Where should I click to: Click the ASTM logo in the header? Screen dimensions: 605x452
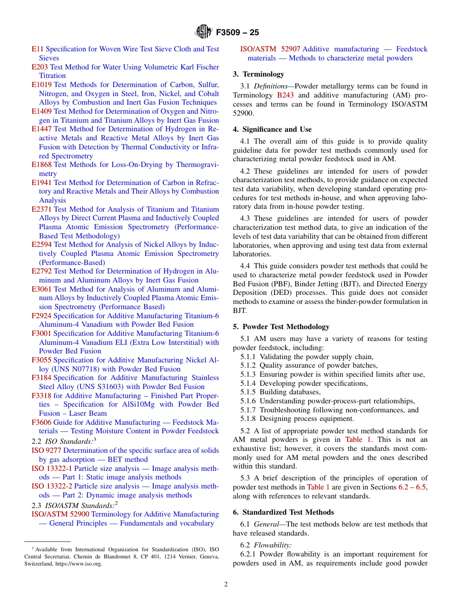[x=204, y=32]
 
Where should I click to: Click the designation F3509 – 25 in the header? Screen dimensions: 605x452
[x=237, y=33]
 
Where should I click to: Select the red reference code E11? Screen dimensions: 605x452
[x=38, y=49]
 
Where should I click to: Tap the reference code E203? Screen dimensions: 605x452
[x=39, y=67]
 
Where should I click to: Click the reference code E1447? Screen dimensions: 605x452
[x=41, y=129]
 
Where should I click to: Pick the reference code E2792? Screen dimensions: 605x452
[x=41, y=271]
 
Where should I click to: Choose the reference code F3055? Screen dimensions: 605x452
[x=41, y=360]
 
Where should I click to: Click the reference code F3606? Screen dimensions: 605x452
[x=41, y=422]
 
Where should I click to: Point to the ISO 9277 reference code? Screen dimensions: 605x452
[x=46, y=450]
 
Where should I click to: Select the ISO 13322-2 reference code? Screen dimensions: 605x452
[x=52, y=486]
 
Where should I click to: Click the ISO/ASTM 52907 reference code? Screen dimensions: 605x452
[x=270, y=49]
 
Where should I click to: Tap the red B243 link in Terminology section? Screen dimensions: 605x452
[x=285, y=95]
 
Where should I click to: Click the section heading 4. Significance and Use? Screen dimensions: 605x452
[x=272, y=129]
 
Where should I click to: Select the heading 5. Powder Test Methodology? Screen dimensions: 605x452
[x=281, y=327]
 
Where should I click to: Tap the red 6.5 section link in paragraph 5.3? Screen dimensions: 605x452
[x=421, y=487]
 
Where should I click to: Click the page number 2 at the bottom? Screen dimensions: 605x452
[x=226, y=585]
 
